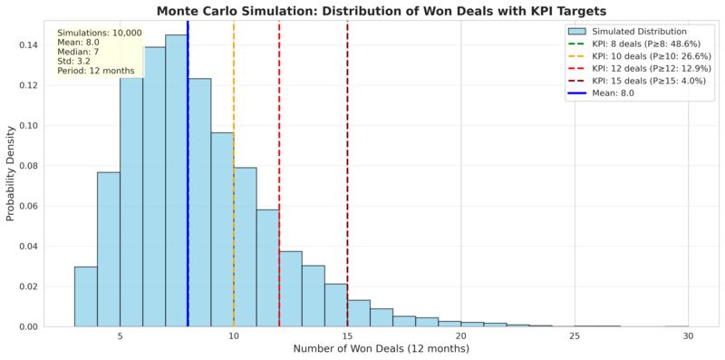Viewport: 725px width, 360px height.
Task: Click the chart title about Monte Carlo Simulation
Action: [362, 11]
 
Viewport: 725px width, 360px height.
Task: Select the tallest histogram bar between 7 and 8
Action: [177, 181]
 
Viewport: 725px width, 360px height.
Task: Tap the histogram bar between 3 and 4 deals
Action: [85, 297]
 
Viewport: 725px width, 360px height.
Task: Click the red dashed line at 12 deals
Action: [279, 173]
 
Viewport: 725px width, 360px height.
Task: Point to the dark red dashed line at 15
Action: [347, 173]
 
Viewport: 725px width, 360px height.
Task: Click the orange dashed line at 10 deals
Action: [234, 173]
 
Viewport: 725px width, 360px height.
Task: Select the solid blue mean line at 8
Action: [188, 173]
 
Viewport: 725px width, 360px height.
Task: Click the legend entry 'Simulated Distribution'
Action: [640, 32]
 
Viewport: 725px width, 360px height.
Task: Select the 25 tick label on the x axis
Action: [575, 336]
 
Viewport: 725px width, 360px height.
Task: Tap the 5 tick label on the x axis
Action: [120, 336]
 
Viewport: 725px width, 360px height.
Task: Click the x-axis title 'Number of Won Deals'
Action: [381, 348]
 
